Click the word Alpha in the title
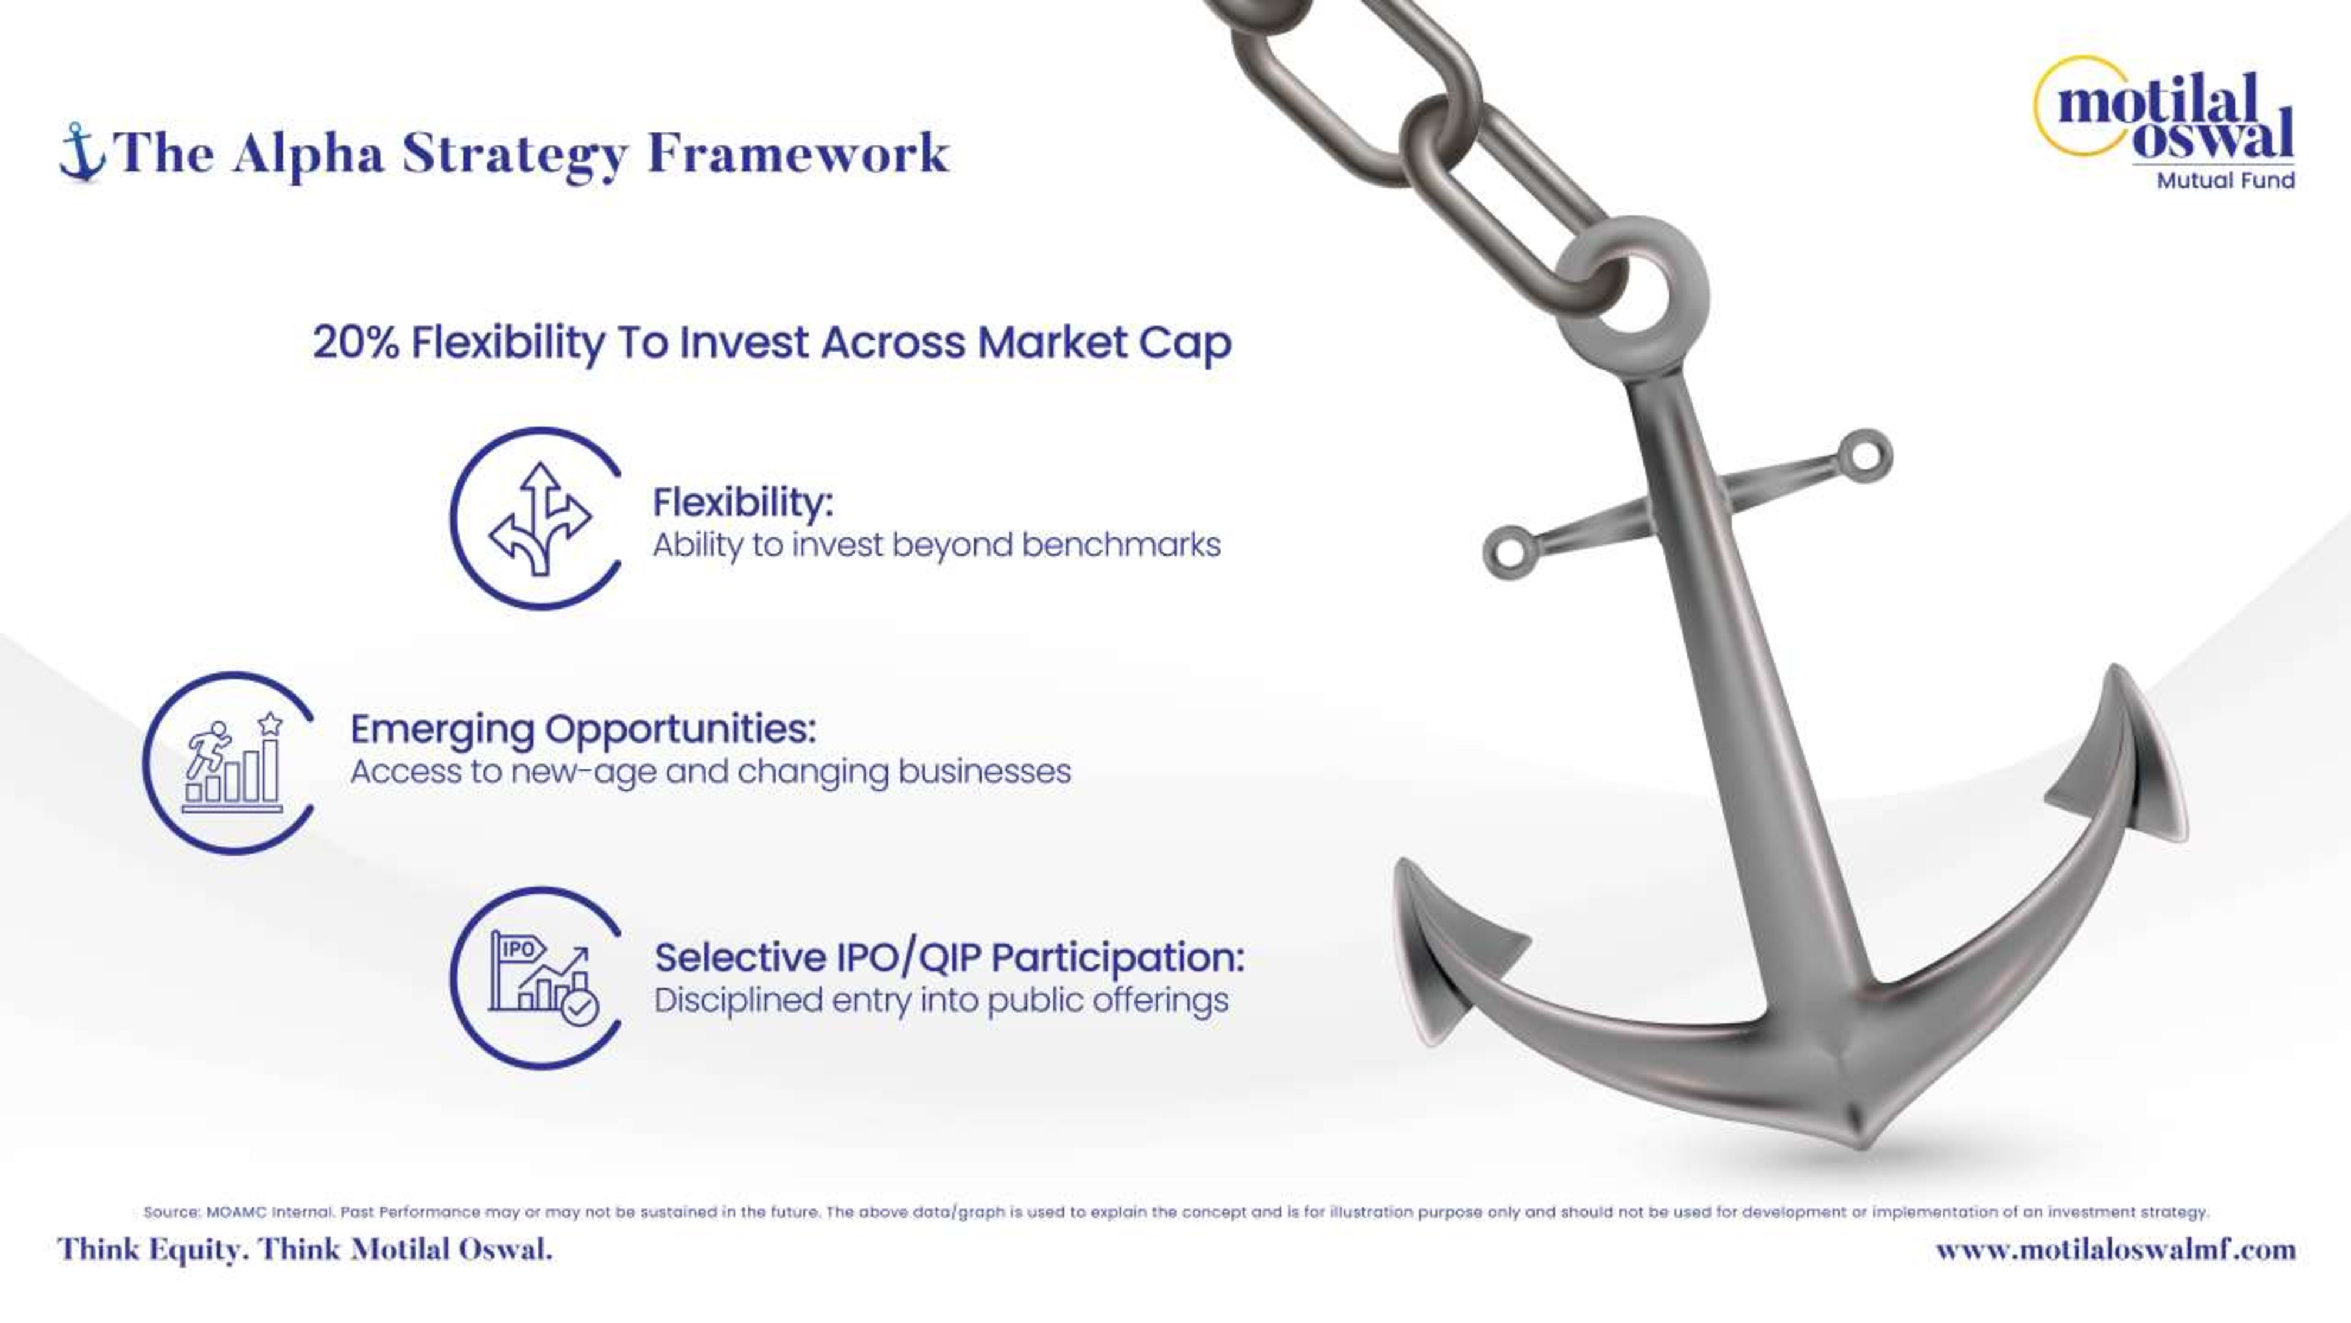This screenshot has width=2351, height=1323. (309, 153)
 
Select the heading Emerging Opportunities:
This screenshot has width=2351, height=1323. (583, 729)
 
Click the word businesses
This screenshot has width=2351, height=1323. (984, 771)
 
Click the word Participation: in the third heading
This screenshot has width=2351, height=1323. (1118, 958)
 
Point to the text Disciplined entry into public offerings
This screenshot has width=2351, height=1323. (941, 1001)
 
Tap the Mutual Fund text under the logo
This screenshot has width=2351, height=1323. (2225, 180)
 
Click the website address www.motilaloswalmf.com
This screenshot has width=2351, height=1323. (2115, 1249)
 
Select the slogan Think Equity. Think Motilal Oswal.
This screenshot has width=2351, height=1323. (305, 1249)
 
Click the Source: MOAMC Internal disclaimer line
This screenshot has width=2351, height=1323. (1175, 1212)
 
